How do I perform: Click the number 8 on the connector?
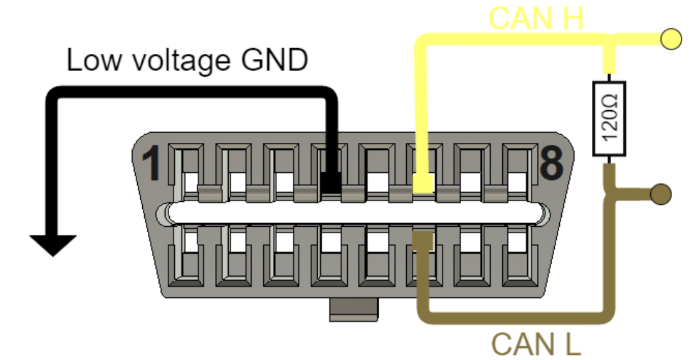pos(551,163)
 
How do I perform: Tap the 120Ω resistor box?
pos(609,119)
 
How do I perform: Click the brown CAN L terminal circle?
pos(660,193)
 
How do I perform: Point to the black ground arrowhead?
pos(53,244)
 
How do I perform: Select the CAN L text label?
pos(536,345)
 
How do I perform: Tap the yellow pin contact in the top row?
pos(423,183)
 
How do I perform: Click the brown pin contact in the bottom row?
pos(423,240)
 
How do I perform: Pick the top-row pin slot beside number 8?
pos(518,172)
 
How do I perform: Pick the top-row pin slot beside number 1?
pos(186,172)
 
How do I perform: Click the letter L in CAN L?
pos(570,345)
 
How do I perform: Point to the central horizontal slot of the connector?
pos(356,213)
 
